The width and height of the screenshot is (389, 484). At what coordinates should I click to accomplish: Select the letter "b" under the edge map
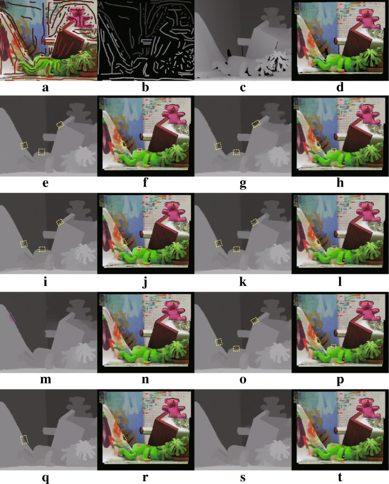(x=145, y=88)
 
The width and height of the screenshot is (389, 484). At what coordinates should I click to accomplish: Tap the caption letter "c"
(x=243, y=88)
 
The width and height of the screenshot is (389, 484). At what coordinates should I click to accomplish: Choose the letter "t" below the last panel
(x=340, y=477)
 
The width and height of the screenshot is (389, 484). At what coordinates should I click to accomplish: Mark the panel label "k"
(x=243, y=282)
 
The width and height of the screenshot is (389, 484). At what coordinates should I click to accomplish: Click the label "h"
(x=340, y=185)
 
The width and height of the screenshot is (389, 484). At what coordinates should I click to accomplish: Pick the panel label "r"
(x=145, y=477)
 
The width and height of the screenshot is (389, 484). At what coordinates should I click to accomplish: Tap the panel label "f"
(x=145, y=184)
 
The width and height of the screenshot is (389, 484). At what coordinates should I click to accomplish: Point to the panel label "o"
(x=243, y=380)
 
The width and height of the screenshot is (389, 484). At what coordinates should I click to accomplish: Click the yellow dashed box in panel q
(x=24, y=440)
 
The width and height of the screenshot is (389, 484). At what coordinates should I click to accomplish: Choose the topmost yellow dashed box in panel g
(x=256, y=124)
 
